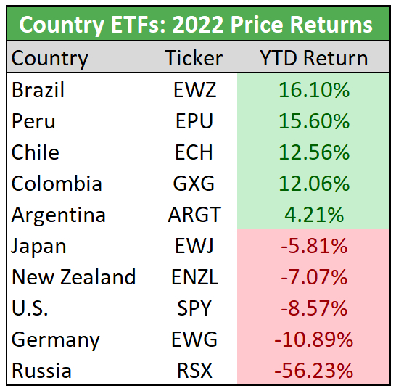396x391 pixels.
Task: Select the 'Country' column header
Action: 49,58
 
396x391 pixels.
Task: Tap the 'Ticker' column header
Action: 194,58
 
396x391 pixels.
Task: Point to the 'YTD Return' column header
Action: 313,58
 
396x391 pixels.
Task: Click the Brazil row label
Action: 38,90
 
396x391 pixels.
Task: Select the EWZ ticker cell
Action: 194,90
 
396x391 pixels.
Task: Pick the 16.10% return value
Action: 314,90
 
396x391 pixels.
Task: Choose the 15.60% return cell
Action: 314,121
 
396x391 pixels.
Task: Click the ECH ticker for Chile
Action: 194,152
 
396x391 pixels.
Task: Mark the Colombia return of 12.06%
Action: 314,184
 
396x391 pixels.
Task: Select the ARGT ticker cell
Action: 194,215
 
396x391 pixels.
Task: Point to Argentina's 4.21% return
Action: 314,215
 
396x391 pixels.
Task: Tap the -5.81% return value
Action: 314,247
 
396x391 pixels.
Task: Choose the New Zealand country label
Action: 74,277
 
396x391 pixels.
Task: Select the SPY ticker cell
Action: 194,308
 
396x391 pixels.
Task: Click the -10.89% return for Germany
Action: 314,339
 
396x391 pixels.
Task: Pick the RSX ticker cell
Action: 194,371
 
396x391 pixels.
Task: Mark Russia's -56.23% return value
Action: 314,371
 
